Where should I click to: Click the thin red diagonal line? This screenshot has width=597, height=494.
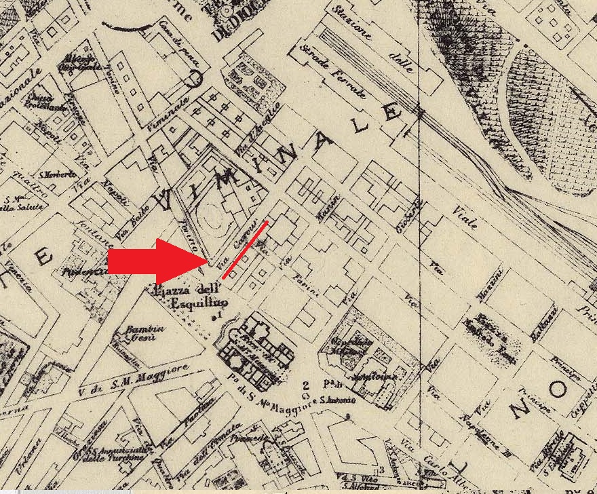click(245, 249)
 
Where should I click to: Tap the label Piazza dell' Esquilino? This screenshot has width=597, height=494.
click(188, 296)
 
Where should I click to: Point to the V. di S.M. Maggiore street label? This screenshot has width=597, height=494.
click(134, 378)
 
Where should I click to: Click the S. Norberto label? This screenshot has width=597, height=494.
click(58, 174)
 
